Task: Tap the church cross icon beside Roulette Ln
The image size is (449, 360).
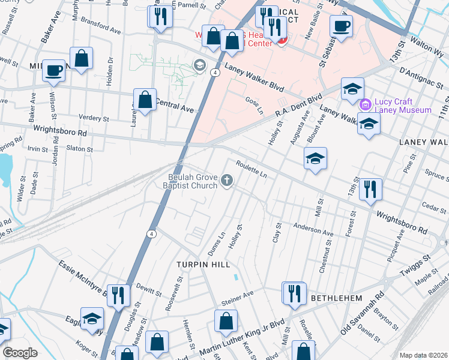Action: [x=227, y=180]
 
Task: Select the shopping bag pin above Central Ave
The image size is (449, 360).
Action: [x=145, y=100]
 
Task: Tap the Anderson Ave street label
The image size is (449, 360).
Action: [x=313, y=229]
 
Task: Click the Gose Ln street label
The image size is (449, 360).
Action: [x=254, y=106]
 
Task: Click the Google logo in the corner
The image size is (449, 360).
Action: [x=20, y=353]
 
